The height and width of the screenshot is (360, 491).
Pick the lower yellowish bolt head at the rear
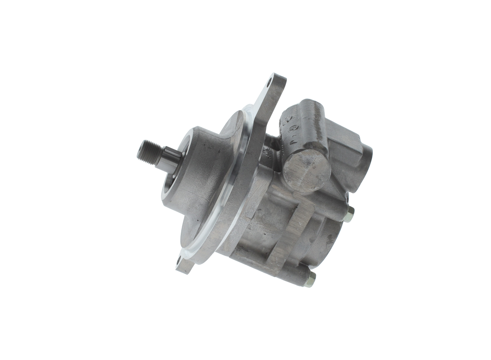pyautogui.click(x=310, y=279)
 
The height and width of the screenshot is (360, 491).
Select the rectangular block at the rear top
pyautogui.click(x=347, y=144)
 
